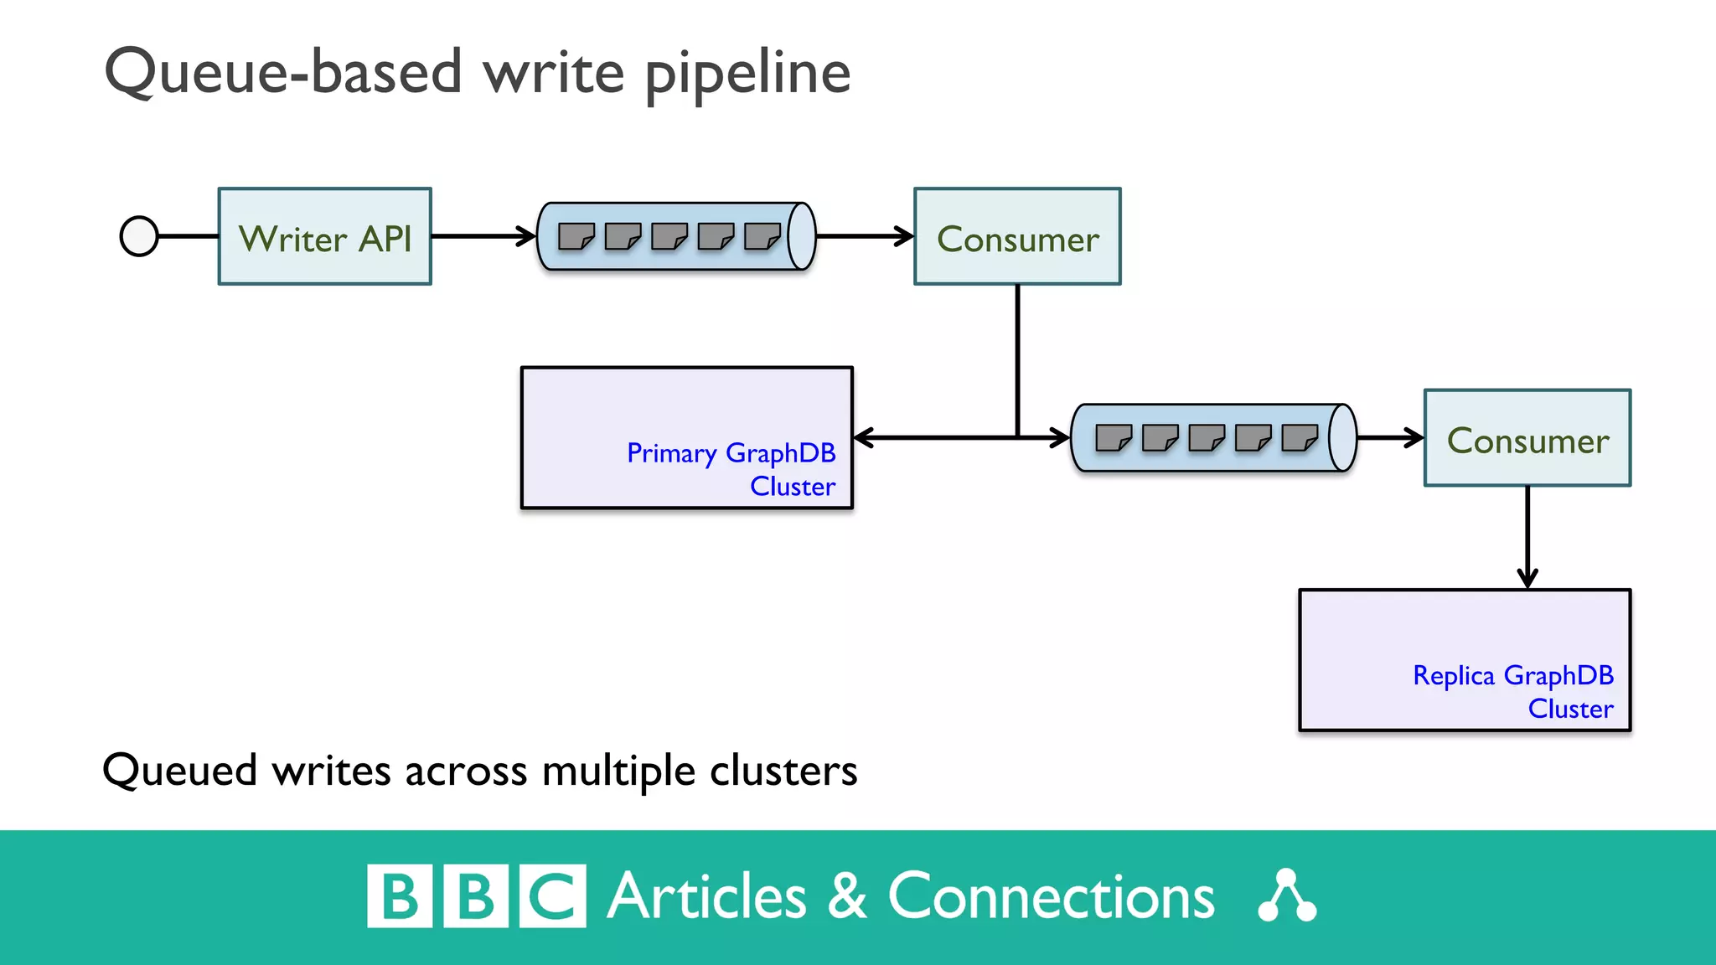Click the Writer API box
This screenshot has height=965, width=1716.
pyautogui.click(x=325, y=237)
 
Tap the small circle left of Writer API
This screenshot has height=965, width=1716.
pyautogui.click(x=139, y=236)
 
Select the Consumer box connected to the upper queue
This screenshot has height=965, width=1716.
pyautogui.click(x=1017, y=237)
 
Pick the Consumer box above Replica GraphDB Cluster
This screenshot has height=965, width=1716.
pyautogui.click(x=1527, y=438)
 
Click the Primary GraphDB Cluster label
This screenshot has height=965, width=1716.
pyautogui.click(x=731, y=469)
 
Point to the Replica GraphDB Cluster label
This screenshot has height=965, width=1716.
pyautogui.click(x=1512, y=691)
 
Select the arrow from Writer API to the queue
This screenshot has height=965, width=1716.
pyautogui.click(x=483, y=236)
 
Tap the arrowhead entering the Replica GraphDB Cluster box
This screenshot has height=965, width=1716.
pyautogui.click(x=1527, y=578)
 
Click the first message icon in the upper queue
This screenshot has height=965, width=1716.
pyautogui.click(x=576, y=236)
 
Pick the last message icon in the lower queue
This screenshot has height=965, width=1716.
pyautogui.click(x=1300, y=437)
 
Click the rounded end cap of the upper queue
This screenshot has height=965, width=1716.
pyautogui.click(x=802, y=236)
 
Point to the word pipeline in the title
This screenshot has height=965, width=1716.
pyautogui.click(x=747, y=74)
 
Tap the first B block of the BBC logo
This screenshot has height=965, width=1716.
pyautogui.click(x=400, y=896)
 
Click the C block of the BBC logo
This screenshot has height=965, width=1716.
pyautogui.click(x=552, y=896)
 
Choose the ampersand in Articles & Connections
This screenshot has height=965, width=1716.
pyautogui.click(x=847, y=896)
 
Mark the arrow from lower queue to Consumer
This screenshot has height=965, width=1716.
pyautogui.click(x=1389, y=437)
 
